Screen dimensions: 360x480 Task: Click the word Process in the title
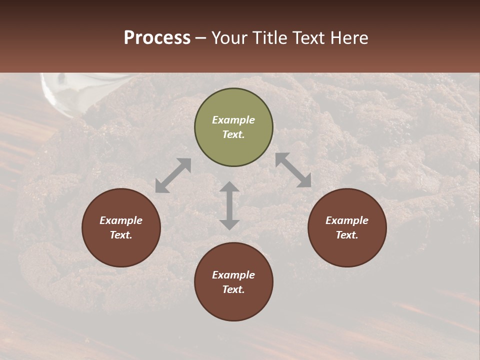(157, 38)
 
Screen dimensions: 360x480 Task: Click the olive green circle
(233, 127)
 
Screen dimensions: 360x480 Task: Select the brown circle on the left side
(121, 227)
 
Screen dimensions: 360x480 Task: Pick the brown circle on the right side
(347, 227)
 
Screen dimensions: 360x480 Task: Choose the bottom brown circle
(233, 281)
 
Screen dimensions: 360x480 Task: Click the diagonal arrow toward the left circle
(173, 175)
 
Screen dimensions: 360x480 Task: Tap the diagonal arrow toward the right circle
(293, 170)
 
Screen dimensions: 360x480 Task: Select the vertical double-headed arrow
(229, 205)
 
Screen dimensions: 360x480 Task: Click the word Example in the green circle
(233, 120)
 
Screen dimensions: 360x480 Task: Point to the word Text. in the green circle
(233, 134)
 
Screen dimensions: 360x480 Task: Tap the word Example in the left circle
(121, 220)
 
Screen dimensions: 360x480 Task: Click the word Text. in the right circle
(347, 235)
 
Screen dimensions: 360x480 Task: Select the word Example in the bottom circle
(233, 275)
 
